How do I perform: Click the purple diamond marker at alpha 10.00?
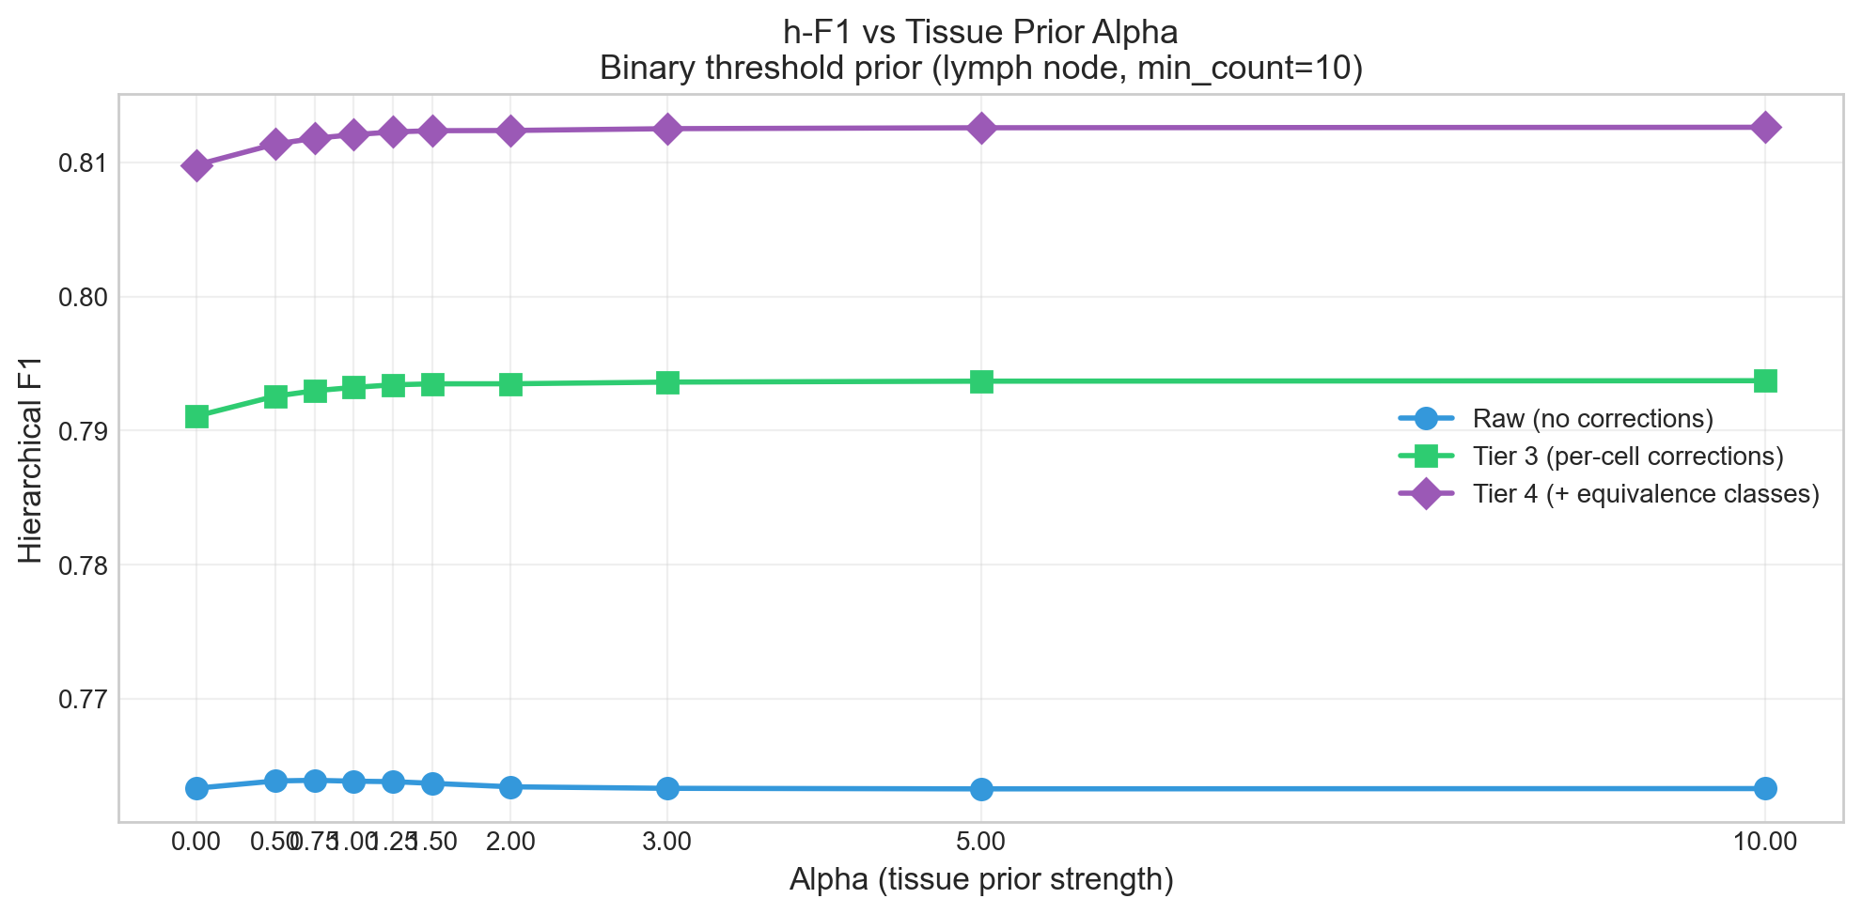(1764, 128)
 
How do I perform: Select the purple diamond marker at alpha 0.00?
(196, 166)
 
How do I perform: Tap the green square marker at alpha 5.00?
(981, 381)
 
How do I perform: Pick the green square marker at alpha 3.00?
(667, 382)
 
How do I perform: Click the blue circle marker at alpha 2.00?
(510, 787)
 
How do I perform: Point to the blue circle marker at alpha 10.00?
(1764, 788)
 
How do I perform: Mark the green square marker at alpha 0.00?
(196, 416)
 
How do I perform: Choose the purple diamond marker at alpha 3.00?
(667, 129)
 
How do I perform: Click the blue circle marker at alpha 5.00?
(981, 789)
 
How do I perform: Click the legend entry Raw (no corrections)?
(1592, 418)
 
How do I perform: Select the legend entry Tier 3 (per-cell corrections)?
(1627, 457)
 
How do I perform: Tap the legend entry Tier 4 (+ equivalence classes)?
(1645, 494)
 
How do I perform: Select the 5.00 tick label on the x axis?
(981, 842)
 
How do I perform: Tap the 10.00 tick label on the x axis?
(1764, 842)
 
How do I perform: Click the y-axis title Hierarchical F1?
(31, 457)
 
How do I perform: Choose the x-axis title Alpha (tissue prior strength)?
(980, 880)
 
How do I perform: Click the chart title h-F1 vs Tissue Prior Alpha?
(980, 32)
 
